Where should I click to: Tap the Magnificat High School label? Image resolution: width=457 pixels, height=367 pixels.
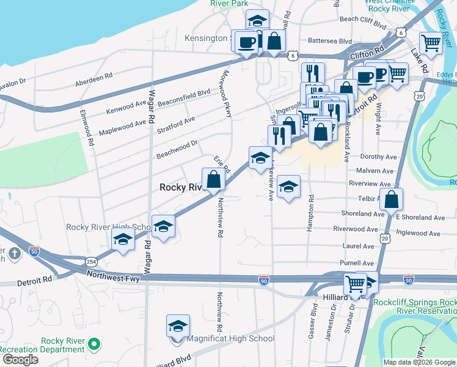pyautogui.click(x=232, y=338)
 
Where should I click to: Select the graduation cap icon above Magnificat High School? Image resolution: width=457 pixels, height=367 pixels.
pyautogui.click(x=178, y=327)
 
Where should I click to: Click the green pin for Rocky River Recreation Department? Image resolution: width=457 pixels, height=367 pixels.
pyautogui.click(x=93, y=344)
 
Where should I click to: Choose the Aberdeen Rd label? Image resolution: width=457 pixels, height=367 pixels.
pyautogui.click(x=94, y=80)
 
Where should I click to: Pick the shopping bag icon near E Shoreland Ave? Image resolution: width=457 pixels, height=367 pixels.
pyautogui.click(x=391, y=199)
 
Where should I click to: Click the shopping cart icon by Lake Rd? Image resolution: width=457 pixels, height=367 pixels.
pyautogui.click(x=431, y=44)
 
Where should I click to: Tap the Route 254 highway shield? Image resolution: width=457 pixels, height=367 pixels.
pyautogui.click(x=92, y=262)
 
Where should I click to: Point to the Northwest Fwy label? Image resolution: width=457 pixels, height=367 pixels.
pyautogui.click(x=113, y=276)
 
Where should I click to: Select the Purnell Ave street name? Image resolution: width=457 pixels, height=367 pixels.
pyautogui.click(x=357, y=262)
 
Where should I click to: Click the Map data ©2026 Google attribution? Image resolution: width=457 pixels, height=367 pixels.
pyautogui.click(x=419, y=361)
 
